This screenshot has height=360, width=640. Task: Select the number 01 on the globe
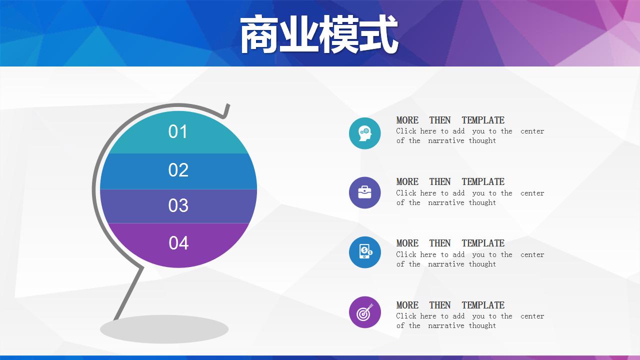[178, 132]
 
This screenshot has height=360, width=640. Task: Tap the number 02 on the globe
[178, 170]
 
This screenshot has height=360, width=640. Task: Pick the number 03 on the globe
[178, 205]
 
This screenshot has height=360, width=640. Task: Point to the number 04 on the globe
[178, 243]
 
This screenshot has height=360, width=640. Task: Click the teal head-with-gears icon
[365, 133]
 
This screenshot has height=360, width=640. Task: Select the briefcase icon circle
[365, 192]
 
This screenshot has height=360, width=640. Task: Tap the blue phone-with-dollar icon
[365, 252]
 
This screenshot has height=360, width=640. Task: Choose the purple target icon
[365, 312]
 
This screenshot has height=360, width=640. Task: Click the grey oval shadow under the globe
[164, 329]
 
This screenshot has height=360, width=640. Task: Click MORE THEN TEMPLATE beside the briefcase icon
[450, 182]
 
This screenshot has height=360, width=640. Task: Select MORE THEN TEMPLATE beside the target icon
[450, 305]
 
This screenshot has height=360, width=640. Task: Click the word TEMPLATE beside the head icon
[483, 120]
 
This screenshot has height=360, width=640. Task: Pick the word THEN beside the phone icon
[440, 243]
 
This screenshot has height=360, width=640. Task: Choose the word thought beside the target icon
[482, 325]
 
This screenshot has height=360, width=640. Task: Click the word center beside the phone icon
[532, 254]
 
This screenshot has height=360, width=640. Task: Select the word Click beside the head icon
[406, 131]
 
